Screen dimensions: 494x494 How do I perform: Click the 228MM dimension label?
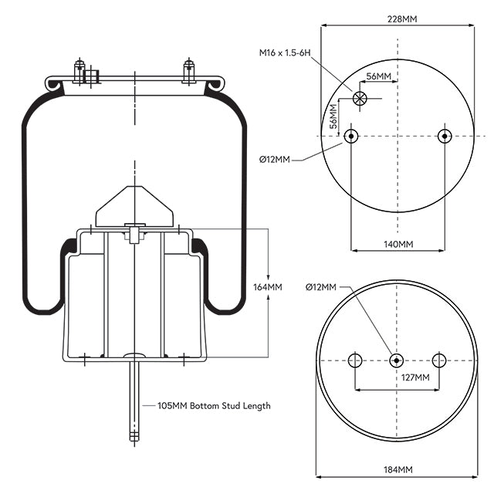point(397,19)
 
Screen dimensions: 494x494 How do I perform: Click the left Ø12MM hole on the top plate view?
point(351,137)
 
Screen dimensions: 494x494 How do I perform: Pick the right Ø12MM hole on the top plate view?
point(443,137)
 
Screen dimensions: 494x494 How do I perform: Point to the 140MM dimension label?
point(397,244)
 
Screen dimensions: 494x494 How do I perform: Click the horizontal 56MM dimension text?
point(378,76)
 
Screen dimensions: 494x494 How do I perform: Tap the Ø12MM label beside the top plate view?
point(275,160)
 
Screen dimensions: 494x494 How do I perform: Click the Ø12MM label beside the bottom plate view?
point(321,287)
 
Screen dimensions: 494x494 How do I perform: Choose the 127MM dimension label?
point(416,377)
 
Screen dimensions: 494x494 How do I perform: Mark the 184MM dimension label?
point(397,469)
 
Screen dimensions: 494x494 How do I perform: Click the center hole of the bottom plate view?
point(396,360)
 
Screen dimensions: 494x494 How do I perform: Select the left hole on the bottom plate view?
point(355,360)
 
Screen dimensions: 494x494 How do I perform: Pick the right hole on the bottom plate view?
point(439,360)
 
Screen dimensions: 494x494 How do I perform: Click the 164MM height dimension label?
point(268,287)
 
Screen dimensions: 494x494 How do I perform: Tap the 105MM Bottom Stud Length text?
point(214,405)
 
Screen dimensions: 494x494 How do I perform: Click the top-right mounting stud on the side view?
point(188,70)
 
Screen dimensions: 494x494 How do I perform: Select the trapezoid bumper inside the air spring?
point(134,205)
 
